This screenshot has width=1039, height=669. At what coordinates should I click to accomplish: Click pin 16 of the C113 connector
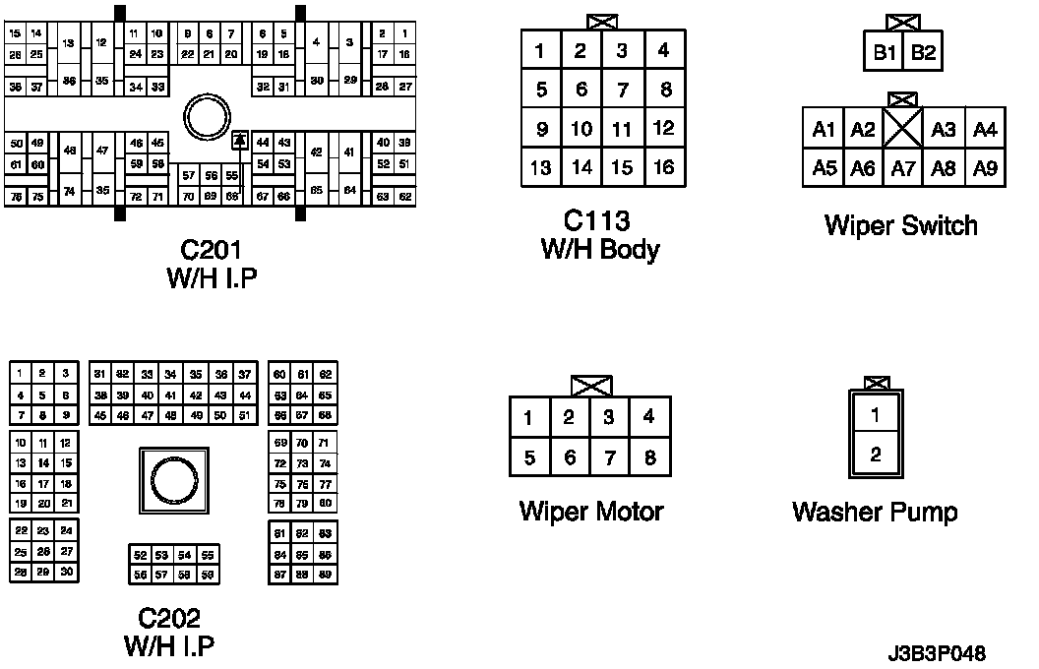click(x=664, y=166)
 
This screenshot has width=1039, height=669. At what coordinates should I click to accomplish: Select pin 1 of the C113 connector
click(x=540, y=50)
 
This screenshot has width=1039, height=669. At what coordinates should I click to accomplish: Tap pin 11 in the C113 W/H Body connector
click(x=622, y=129)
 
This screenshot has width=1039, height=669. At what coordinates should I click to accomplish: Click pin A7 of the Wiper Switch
click(x=902, y=168)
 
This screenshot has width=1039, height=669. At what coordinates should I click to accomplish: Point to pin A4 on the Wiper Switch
click(x=985, y=129)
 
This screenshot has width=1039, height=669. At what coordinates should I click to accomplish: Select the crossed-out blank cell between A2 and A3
click(x=902, y=129)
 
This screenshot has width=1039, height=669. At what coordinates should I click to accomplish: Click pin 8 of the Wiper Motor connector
click(x=649, y=457)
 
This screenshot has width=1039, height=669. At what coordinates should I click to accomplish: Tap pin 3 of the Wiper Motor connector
click(x=609, y=417)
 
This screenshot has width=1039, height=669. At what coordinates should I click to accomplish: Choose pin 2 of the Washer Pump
click(x=876, y=455)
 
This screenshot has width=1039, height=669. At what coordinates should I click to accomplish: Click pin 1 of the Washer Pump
click(x=876, y=415)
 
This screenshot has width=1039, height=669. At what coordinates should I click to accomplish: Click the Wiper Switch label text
click(x=901, y=225)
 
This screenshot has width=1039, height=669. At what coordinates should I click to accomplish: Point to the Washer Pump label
click(x=875, y=512)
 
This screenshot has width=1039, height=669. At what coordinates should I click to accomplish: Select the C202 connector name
click(x=169, y=618)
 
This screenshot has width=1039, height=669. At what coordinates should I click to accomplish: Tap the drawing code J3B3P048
click(x=936, y=653)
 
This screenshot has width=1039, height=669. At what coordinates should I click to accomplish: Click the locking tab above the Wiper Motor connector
click(x=589, y=387)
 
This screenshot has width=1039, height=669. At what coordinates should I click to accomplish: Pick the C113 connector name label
click(x=597, y=220)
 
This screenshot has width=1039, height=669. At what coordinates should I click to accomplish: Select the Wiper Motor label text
click(x=591, y=512)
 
